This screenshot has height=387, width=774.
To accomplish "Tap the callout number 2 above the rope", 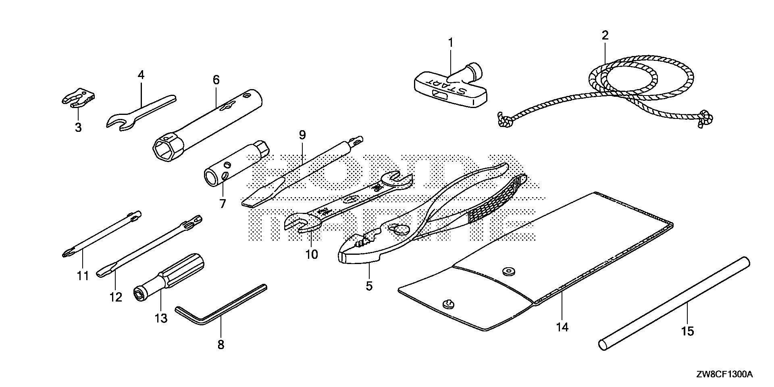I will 605,35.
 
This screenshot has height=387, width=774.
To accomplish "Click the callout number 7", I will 223,203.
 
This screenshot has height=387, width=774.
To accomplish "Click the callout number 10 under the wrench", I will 312,254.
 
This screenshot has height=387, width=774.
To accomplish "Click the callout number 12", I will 115,297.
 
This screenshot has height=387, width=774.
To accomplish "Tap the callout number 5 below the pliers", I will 369,286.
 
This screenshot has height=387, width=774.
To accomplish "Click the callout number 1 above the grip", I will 451,42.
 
